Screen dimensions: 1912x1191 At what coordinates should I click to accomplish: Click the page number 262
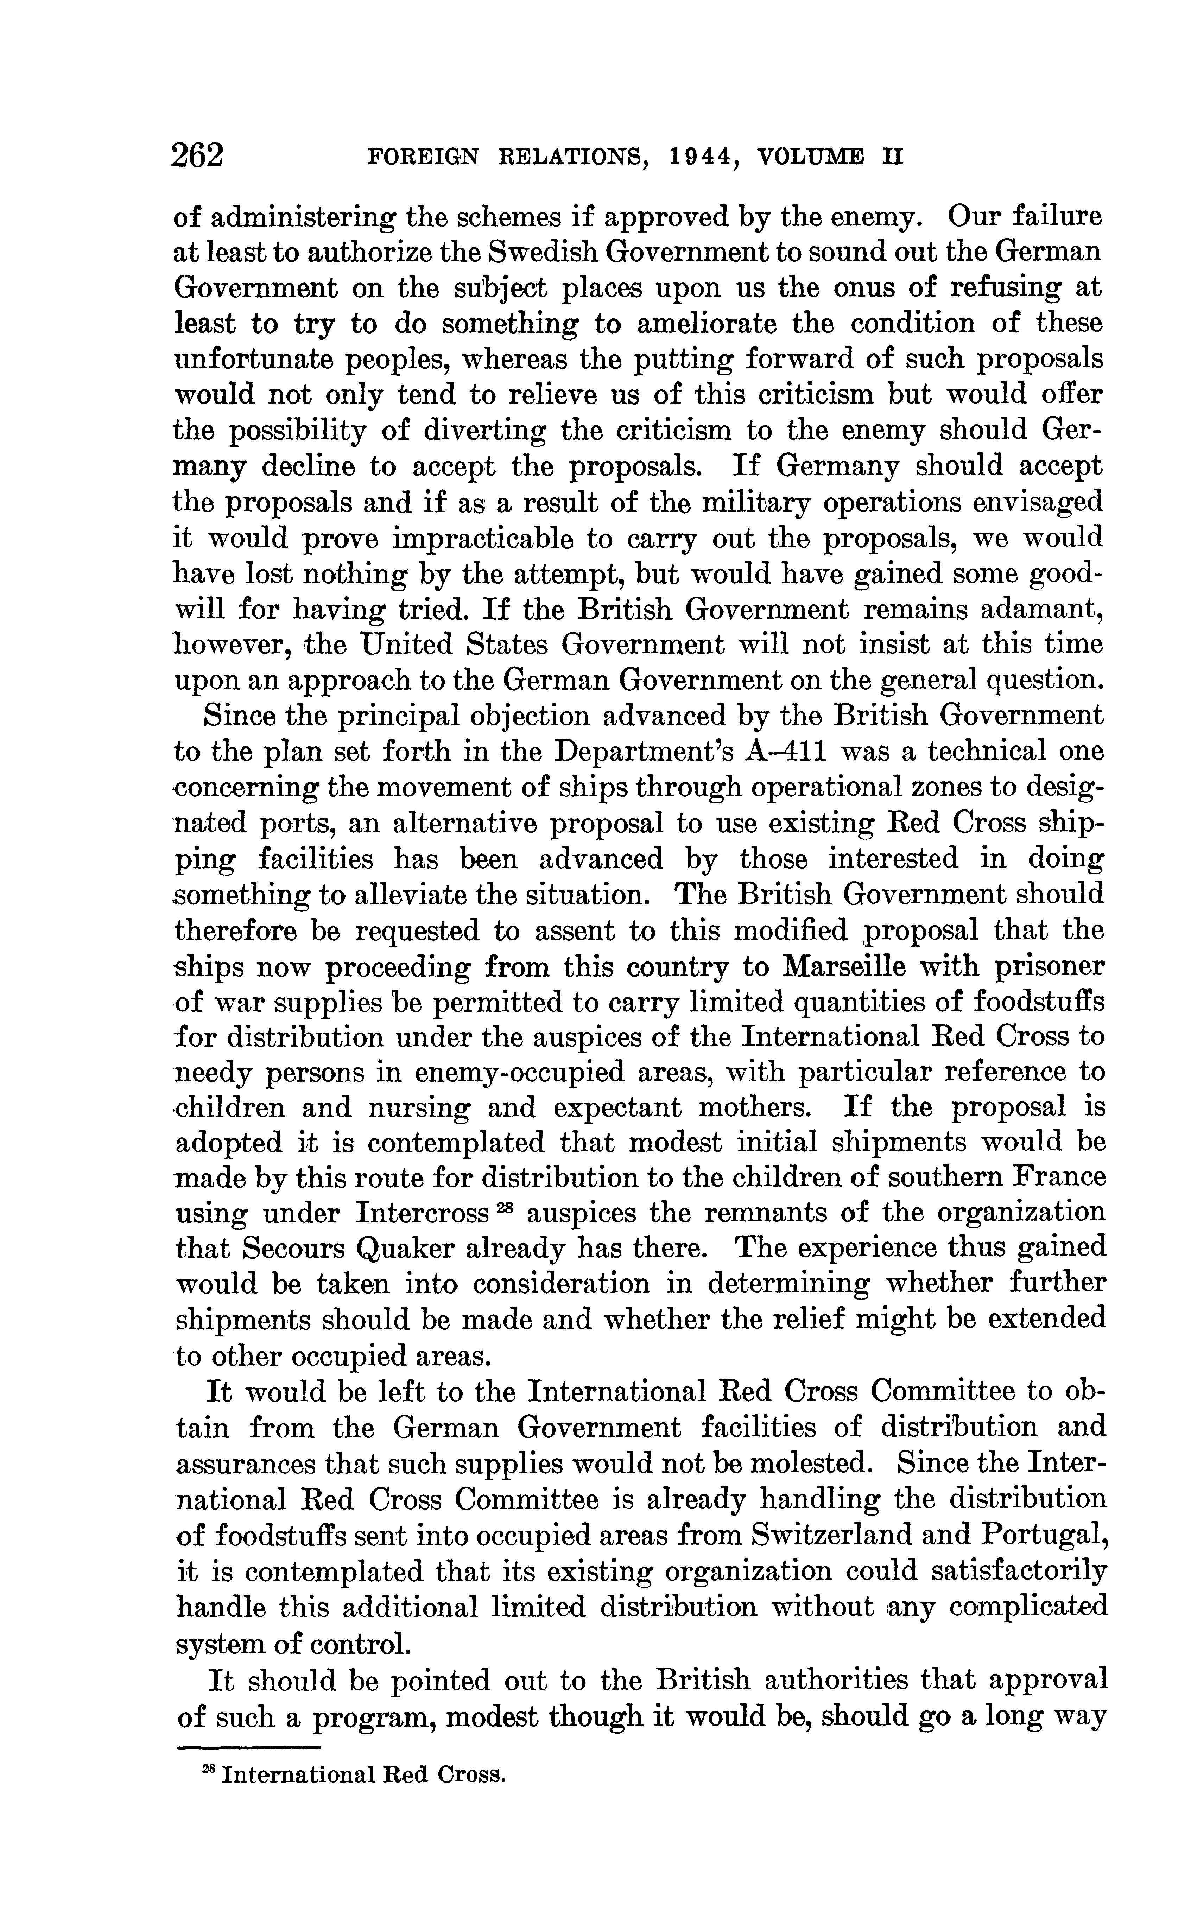(x=198, y=155)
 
